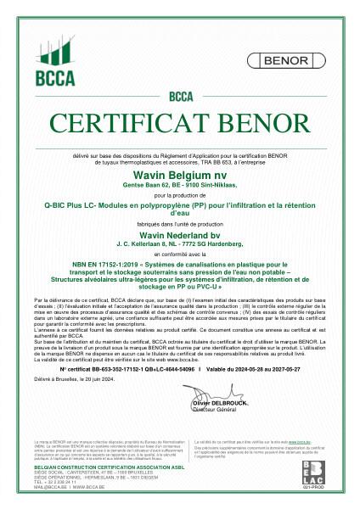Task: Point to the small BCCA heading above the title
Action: coord(181,96)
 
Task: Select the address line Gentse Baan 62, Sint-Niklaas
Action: coord(180,182)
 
